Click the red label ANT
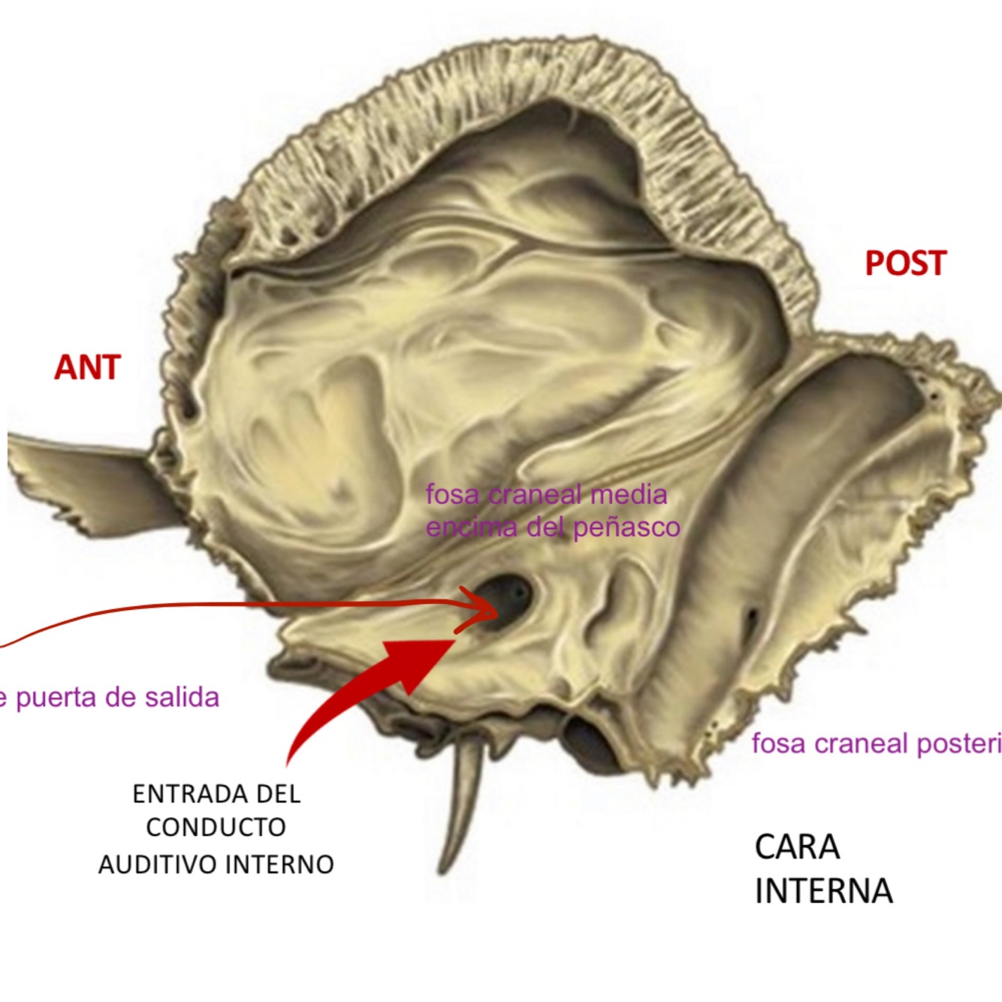click(x=87, y=368)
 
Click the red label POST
click(x=905, y=264)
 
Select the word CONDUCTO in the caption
click(x=216, y=828)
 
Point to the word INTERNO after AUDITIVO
click(x=279, y=865)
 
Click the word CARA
click(x=797, y=847)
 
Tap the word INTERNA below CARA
click(x=823, y=892)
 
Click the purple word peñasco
click(x=627, y=528)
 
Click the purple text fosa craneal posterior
click(x=876, y=744)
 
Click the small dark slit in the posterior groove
click(x=751, y=620)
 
